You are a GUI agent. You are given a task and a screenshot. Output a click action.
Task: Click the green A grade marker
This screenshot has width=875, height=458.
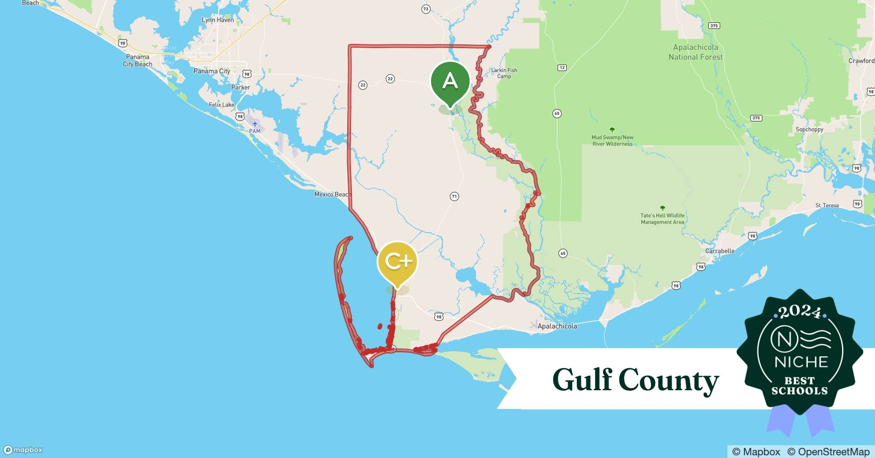click(450, 82)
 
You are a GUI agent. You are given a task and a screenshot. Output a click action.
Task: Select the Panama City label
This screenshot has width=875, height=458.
click(212, 71)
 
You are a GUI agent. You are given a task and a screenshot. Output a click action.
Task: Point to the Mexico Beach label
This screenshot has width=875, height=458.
click(332, 194)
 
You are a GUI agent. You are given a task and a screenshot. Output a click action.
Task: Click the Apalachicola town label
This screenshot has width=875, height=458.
click(557, 326)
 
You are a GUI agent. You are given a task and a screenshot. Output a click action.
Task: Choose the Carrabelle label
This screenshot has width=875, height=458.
click(720, 251)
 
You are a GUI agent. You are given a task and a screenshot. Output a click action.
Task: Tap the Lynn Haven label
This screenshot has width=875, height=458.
click(218, 20)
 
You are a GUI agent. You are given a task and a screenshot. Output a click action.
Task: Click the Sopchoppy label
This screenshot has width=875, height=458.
click(809, 129)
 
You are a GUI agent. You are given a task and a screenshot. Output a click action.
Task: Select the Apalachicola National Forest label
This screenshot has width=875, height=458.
click(695, 52)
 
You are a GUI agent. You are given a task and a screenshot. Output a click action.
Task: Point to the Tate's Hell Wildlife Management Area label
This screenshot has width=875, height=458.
click(662, 218)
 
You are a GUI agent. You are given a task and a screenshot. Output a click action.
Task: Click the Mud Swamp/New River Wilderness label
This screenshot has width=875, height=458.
click(612, 140)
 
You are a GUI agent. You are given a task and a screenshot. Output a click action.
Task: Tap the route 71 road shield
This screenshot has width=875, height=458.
click(454, 196)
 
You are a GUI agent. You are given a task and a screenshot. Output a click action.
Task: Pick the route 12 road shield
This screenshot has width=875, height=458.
click(562, 68)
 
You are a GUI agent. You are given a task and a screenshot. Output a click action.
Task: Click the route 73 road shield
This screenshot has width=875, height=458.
click(426, 9)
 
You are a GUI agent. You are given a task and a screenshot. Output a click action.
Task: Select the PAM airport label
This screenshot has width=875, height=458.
click(255, 131)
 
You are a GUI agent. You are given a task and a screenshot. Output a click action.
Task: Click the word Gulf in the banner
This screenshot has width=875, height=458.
click(582, 380)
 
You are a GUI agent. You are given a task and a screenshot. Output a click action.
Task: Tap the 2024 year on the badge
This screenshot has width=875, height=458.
click(799, 312)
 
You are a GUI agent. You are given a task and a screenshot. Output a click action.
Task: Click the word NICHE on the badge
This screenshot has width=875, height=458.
click(801, 362)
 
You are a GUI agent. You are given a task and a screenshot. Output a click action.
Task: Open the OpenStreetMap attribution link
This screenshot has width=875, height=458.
click(828, 452)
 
